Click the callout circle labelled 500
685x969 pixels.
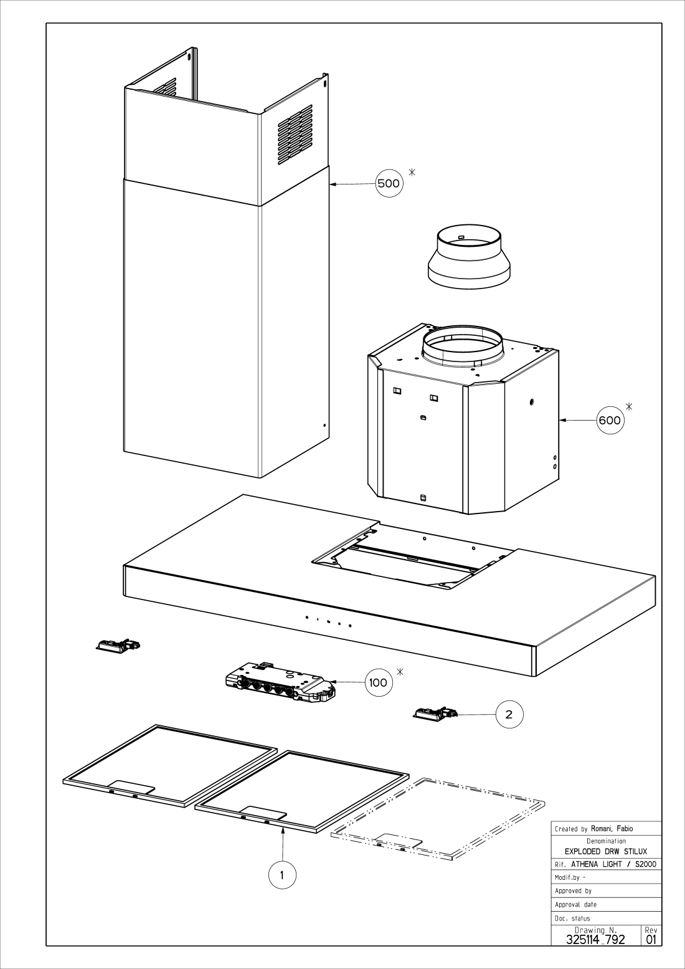click(389, 183)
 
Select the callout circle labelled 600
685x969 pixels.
click(609, 420)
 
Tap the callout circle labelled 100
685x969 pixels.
click(378, 682)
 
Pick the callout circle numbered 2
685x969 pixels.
click(509, 714)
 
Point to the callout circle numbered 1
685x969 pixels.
click(282, 875)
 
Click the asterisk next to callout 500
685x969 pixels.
click(412, 171)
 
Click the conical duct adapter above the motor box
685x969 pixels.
click(469, 259)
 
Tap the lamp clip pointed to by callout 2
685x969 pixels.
click(435, 714)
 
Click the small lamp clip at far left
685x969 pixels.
click(117, 646)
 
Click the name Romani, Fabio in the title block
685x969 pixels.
click(612, 829)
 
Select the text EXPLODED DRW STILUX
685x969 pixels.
click(605, 851)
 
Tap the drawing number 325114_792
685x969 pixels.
click(595, 940)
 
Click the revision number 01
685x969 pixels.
click(651, 940)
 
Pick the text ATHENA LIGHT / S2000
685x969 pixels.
click(613, 864)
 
